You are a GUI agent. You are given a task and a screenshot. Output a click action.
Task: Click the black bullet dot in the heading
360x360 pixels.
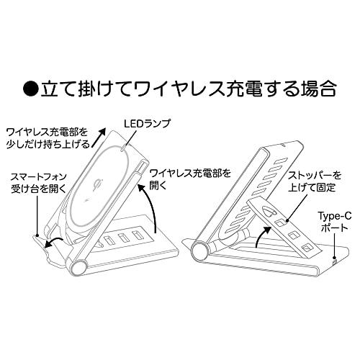31,89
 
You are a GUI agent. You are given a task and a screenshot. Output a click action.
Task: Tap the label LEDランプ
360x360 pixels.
147,123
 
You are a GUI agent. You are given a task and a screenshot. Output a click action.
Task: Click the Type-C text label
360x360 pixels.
335,217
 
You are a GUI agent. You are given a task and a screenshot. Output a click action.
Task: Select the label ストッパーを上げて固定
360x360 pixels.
315,181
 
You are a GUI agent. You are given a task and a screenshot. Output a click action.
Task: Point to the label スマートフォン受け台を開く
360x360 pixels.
39,183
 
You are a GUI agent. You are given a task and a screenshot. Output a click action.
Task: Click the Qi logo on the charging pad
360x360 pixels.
97,184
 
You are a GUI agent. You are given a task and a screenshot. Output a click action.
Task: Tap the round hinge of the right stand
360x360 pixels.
200,250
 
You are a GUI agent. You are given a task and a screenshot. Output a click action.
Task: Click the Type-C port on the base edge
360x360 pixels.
335,261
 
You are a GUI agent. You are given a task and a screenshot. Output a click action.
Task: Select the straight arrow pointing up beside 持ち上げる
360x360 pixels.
99,137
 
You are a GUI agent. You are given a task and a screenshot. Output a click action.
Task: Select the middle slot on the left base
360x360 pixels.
122,238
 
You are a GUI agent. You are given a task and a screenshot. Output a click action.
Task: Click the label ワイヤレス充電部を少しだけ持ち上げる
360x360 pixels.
48,138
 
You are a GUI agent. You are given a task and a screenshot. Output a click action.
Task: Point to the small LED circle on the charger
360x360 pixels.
123,149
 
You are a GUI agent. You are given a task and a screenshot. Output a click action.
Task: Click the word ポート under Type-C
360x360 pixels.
334,228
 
